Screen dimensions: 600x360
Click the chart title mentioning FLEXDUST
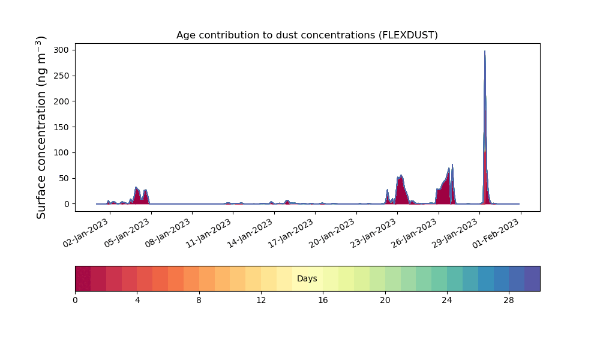point(307,35)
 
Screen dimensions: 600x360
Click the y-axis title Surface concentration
point(41,127)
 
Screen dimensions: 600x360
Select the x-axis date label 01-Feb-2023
point(496,233)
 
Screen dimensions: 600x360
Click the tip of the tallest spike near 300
point(484,51)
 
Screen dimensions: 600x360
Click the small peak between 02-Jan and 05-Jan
point(136,195)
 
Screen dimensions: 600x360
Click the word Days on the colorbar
point(307,278)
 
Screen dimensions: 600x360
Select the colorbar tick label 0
point(75,301)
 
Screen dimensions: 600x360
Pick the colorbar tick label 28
point(509,301)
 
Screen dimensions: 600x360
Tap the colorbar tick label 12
point(261,301)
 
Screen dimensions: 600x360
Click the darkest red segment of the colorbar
point(83,278)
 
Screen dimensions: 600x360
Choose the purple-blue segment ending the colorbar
point(532,278)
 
